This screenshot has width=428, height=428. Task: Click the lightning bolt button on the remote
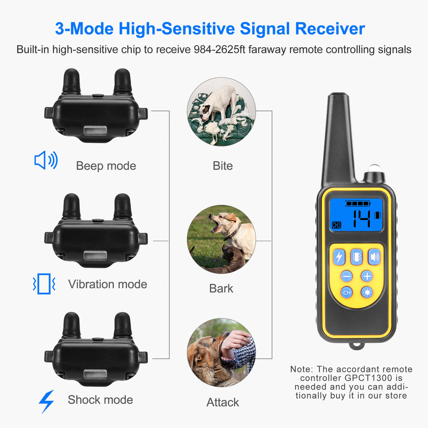point(339,257)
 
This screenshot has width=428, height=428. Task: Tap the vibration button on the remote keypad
point(357,257)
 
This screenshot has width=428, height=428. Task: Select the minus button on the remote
point(347,276)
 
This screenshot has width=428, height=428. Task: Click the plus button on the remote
point(367,276)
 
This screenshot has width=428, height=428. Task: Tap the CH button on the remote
point(347,292)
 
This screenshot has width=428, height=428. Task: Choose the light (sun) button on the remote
point(367,292)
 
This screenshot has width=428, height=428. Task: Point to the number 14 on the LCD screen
point(362,219)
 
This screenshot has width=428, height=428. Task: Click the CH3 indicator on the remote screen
point(336,225)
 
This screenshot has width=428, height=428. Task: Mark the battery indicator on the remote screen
point(358,203)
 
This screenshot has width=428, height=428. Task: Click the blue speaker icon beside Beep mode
point(46,160)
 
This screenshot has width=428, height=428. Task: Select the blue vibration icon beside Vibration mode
point(44,284)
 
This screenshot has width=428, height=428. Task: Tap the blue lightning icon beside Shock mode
point(47,401)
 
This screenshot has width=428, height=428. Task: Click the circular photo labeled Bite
point(221,112)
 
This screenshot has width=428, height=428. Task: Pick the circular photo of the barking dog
point(221,239)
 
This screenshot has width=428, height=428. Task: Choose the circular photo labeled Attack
point(221,353)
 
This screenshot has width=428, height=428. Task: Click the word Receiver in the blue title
point(330,29)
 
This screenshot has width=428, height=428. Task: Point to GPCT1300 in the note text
point(368,378)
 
